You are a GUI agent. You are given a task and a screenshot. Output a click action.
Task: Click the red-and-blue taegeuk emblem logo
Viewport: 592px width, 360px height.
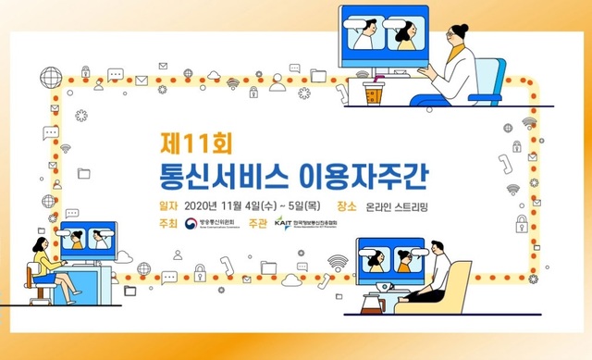191,225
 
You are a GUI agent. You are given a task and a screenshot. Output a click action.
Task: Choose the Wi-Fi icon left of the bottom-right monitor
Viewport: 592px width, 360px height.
338,262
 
